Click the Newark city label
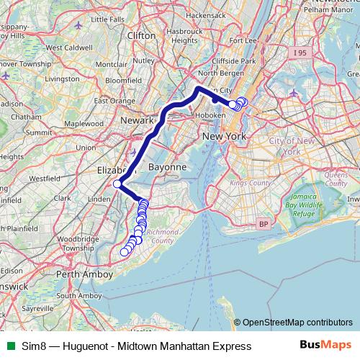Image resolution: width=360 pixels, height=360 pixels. tap(138, 120)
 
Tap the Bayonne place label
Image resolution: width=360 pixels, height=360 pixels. tap(167, 167)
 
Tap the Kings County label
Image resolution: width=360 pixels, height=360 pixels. tap(250, 184)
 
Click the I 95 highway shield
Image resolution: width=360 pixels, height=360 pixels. tap(300, 53)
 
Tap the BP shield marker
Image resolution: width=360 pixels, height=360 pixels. tap(263, 225)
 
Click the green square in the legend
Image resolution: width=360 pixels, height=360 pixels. tap(9, 346)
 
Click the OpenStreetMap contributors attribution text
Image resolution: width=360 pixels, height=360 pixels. tap(297, 323)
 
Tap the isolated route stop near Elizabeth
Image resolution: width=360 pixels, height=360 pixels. tap(117, 184)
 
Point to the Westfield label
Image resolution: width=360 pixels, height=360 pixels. tap(45, 177)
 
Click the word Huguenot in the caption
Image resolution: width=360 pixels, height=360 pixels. tap(87, 346)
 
